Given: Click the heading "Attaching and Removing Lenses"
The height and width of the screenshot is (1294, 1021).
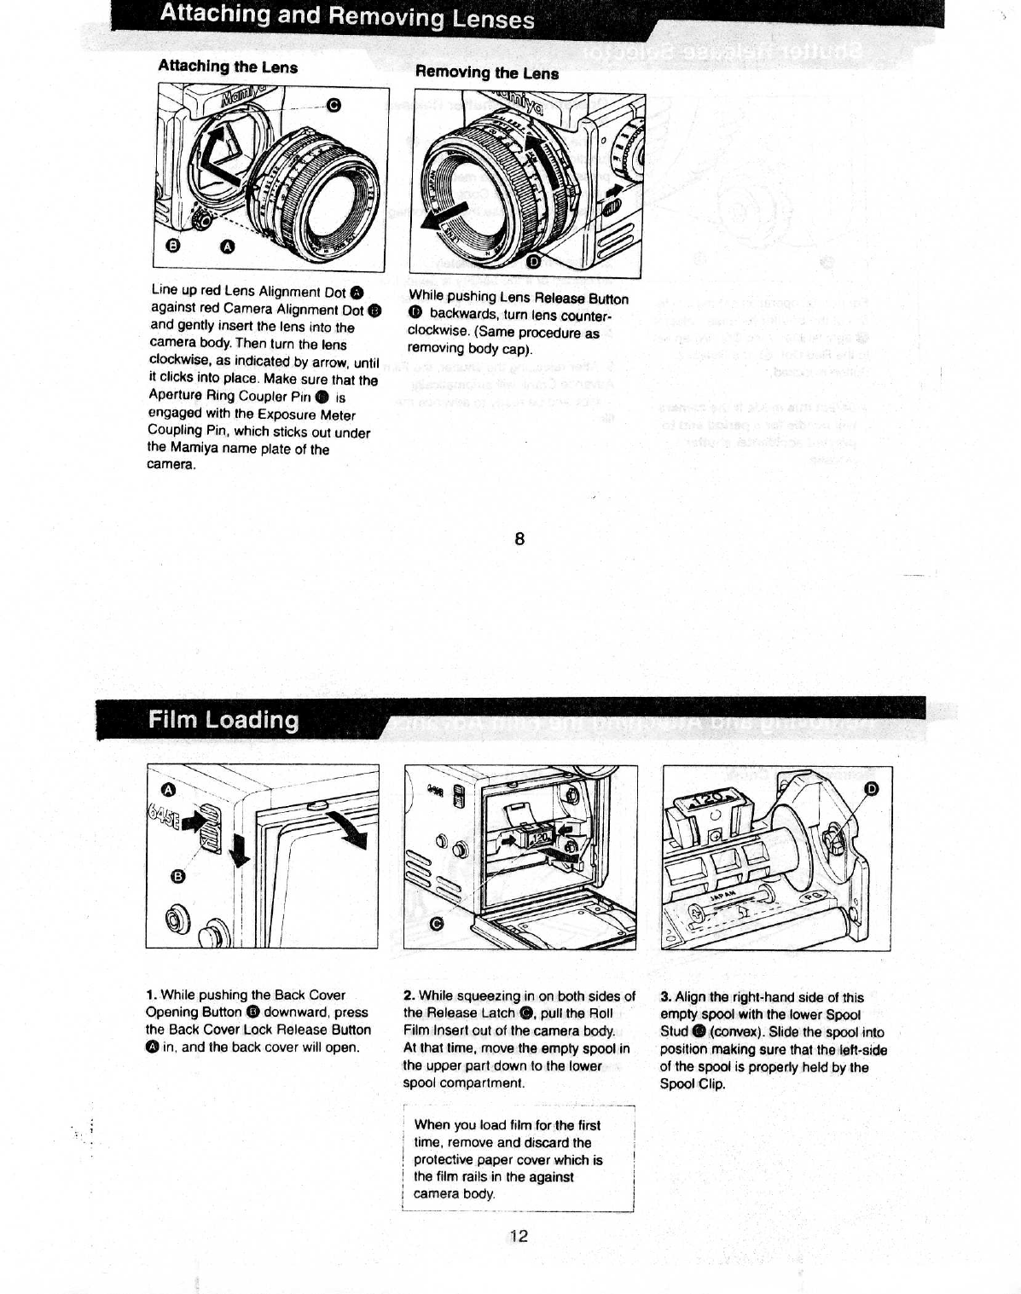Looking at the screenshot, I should point(347,16).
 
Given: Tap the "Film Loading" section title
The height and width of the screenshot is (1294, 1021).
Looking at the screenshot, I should point(223,720).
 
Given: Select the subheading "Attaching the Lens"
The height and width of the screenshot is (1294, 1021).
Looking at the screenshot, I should point(228,67).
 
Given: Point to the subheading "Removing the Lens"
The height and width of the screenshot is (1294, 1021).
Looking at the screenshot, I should point(486,73).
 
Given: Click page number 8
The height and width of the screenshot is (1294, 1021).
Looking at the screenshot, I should point(519,539).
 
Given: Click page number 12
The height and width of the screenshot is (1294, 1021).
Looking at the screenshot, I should point(519,1236).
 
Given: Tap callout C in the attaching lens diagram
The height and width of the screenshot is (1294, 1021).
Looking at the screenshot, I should point(334,105).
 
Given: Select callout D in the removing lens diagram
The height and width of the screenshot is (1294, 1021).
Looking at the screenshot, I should point(534,261).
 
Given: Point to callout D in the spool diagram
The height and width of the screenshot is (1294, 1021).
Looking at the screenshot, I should point(871,788).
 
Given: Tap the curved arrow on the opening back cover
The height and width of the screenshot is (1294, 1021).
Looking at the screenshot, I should point(350,830).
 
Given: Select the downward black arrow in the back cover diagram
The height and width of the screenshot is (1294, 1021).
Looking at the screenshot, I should point(241,850).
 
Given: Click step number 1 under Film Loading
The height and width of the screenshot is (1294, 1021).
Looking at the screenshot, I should point(150,995).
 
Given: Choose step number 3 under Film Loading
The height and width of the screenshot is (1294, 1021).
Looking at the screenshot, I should point(665,997).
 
